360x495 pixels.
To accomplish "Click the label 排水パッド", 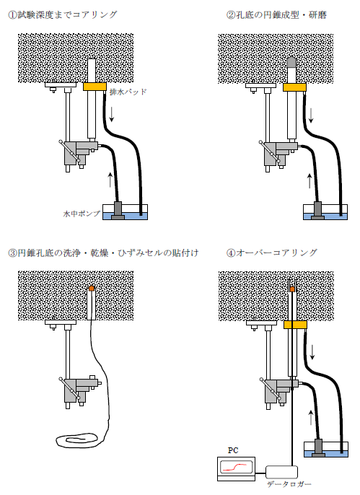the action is pyautogui.click(x=128, y=92).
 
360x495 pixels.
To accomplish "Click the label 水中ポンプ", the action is pyautogui.click(x=82, y=214).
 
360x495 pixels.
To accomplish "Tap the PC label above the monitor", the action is pyautogui.click(x=233, y=450).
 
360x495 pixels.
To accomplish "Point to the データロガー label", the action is pyautogui.click(x=289, y=484).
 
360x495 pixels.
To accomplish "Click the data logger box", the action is pyautogui.click(x=282, y=472).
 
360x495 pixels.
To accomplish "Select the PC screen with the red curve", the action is pyautogui.click(x=237, y=467).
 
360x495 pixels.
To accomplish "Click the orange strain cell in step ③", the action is pyautogui.click(x=92, y=288).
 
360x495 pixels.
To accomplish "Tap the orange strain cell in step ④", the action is pyautogui.click(x=292, y=289).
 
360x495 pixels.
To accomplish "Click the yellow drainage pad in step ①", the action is pyautogui.click(x=95, y=87).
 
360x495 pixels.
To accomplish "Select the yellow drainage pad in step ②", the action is pyautogui.click(x=294, y=87).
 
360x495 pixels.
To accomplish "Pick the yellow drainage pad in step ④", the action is pyautogui.click(x=295, y=325).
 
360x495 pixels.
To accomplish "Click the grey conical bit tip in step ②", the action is pyautogui.click(x=292, y=63).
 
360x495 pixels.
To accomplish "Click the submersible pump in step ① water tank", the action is pyautogui.click(x=118, y=211).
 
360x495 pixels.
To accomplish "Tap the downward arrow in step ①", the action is pyautogui.click(x=112, y=114).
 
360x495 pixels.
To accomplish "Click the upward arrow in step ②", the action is pyautogui.click(x=309, y=180).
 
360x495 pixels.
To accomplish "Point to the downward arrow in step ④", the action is pyautogui.click(x=312, y=352).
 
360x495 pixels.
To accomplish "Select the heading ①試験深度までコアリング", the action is pyautogui.click(x=63, y=15).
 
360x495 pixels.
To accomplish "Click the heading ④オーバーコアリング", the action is pyautogui.click(x=272, y=253).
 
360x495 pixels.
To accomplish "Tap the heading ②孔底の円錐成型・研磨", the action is pyautogui.click(x=276, y=15).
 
